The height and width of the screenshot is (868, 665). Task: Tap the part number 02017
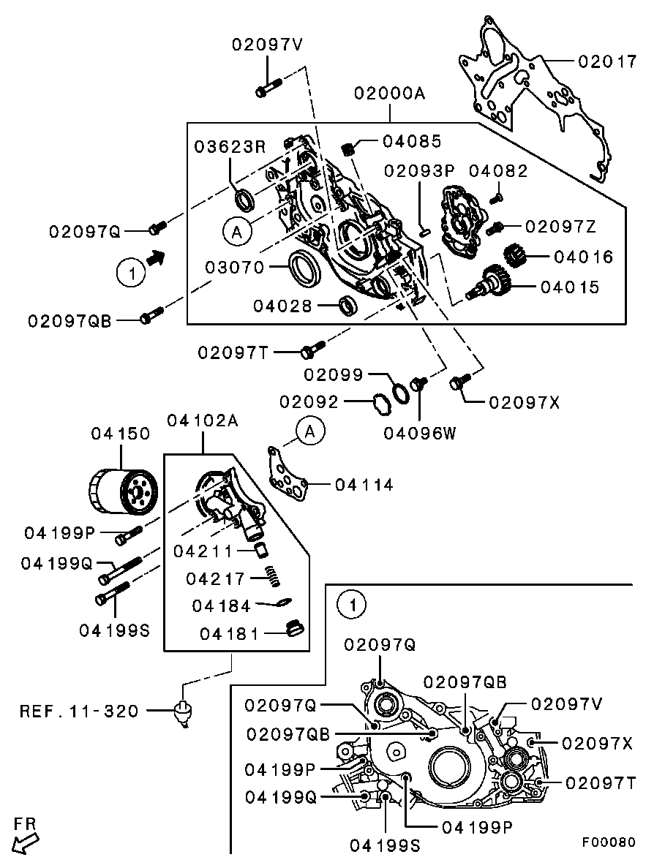pos(607,61)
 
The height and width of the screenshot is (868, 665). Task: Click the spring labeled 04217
pos(272,577)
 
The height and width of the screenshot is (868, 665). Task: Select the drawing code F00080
pos(608,842)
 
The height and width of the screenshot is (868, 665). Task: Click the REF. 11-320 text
pos(79,711)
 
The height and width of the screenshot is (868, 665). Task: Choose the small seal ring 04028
pos(347,306)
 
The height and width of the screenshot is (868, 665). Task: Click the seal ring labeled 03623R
pos(244,200)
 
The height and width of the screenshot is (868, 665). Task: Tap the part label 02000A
pos(389,93)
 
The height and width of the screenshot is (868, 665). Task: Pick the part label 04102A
pos(202,420)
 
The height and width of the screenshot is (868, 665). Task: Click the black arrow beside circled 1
pos(156,257)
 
